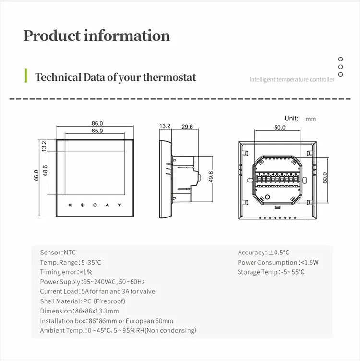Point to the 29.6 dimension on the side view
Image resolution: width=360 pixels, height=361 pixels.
point(187,127)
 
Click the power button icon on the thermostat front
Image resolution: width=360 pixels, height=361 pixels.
point(95,205)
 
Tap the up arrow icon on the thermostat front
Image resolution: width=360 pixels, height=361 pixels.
point(107,205)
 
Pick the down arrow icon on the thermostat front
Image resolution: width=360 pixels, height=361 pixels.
point(119,205)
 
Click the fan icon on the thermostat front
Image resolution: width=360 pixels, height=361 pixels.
point(83,205)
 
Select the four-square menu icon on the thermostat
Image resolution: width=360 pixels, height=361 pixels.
point(71,205)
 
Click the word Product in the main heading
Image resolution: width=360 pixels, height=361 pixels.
point(52,36)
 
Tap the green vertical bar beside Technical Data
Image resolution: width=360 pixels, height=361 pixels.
point(25,76)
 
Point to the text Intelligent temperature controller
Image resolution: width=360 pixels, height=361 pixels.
point(292,79)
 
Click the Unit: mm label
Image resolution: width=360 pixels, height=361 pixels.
point(300,119)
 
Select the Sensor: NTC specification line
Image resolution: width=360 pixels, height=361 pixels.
point(58,253)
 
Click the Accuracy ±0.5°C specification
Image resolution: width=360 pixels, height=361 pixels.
point(264,253)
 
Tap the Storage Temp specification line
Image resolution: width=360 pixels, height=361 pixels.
point(271,272)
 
